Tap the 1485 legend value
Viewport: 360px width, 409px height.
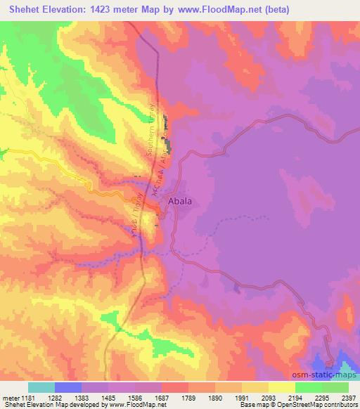point(110,398)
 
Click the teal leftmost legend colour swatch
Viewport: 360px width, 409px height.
point(41,387)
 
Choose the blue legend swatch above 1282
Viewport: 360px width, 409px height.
point(68,387)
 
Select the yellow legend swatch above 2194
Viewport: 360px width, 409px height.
point(281,387)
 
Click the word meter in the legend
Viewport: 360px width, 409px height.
point(10,398)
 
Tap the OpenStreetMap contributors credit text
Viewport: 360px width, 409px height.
point(316,405)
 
